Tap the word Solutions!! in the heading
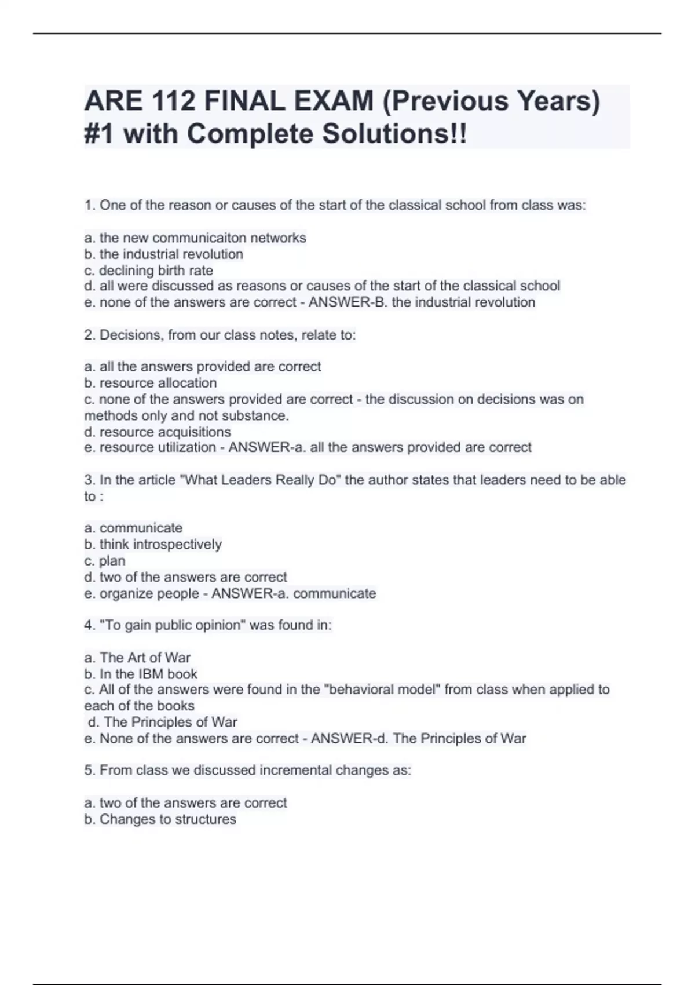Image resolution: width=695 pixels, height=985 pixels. coord(394,134)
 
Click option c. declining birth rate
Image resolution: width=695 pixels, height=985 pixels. coord(149,271)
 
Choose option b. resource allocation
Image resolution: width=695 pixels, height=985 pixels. coord(151,383)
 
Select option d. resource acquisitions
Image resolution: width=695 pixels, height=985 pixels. coord(158,432)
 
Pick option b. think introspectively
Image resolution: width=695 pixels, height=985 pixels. coord(153,544)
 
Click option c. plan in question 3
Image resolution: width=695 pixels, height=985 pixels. coord(105,560)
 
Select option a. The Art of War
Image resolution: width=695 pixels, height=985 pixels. coord(137,658)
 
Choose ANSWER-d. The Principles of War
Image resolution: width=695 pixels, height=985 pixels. coord(418,738)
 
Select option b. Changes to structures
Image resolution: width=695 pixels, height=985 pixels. coord(160,819)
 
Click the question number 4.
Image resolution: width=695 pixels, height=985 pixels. coord(89,625)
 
